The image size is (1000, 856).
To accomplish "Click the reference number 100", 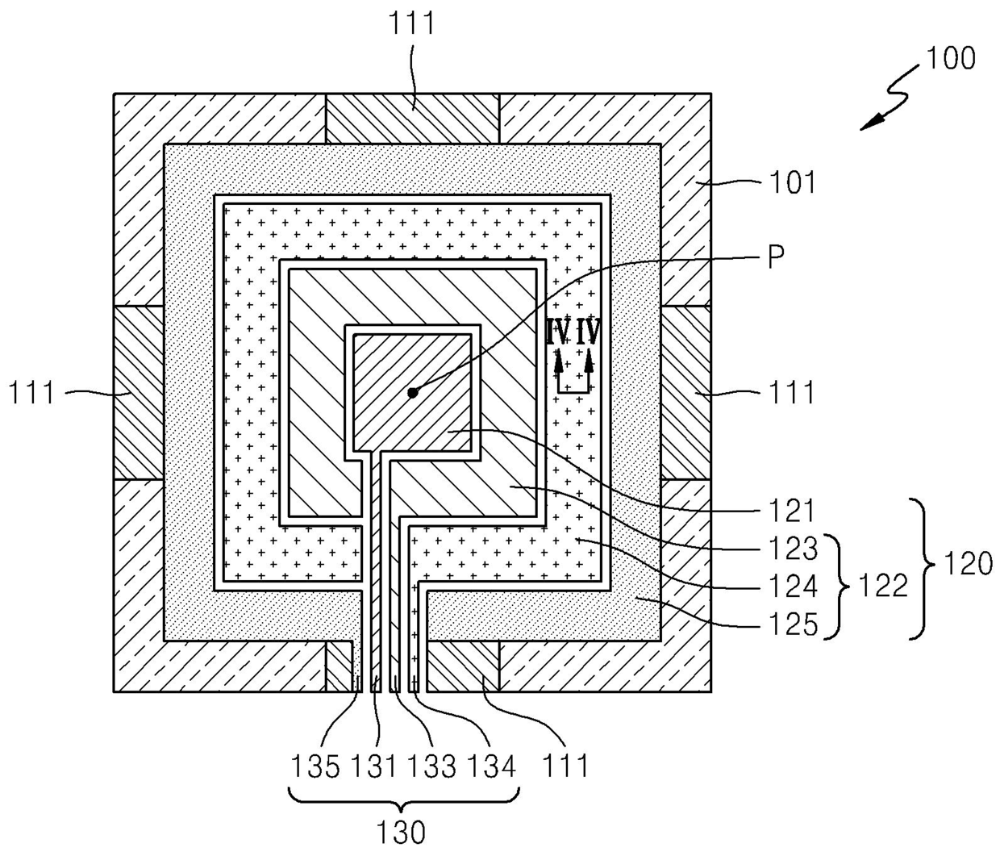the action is click(x=950, y=59).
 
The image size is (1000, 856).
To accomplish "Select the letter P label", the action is click(x=776, y=257).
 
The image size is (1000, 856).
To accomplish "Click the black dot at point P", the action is click(x=412, y=393).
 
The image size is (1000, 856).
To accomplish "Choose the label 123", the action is click(x=794, y=549).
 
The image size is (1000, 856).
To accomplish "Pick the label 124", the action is click(x=794, y=586).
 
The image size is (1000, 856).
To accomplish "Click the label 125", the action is click(x=794, y=624).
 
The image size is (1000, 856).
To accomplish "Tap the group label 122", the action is click(x=882, y=586).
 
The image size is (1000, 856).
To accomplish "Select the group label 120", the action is click(x=968, y=564).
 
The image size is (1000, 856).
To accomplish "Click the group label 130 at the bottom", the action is click(x=401, y=833).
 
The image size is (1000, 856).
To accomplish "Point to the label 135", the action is click(x=315, y=766).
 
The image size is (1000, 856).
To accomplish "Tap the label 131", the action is click(x=373, y=766).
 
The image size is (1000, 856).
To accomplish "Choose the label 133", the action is click(x=432, y=766).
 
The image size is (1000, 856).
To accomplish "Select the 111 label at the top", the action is click(x=412, y=23).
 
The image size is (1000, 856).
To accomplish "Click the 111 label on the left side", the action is click(x=32, y=392).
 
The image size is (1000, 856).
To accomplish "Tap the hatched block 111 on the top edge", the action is click(x=412, y=119).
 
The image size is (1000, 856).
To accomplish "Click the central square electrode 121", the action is click(x=412, y=392).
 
